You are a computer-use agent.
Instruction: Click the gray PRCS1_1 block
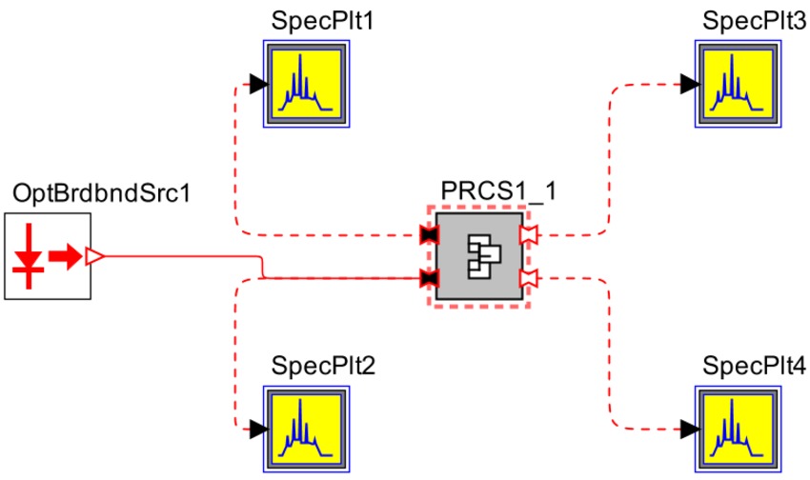click(x=478, y=256)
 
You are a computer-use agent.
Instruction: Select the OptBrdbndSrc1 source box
click(x=48, y=256)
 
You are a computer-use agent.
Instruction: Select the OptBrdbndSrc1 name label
click(x=102, y=194)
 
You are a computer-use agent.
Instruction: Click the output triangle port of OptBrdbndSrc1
click(x=94, y=255)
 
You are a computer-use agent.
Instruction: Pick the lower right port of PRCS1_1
click(x=528, y=278)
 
